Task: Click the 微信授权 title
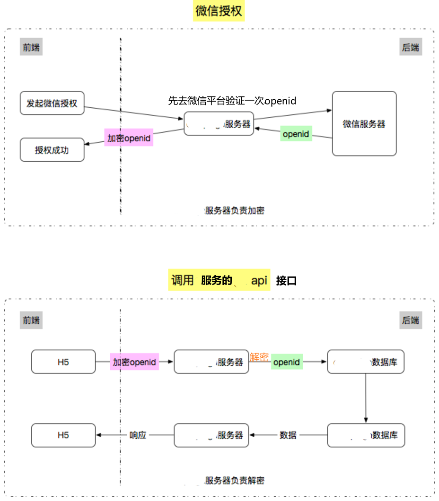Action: point(219,11)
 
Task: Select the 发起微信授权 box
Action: point(52,103)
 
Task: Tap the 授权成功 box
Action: point(52,150)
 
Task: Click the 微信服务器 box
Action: point(364,124)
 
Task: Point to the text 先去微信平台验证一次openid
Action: point(232,101)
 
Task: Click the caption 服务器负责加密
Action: point(234,211)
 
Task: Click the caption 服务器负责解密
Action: point(234,481)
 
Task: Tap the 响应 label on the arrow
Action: point(138,435)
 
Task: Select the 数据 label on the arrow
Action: point(288,435)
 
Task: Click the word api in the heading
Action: point(259,280)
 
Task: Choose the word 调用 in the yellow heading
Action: point(183,280)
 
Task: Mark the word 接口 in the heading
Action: point(286,281)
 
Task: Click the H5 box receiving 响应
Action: point(63,435)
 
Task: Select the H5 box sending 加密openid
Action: point(63,362)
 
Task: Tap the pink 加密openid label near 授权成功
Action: point(129,138)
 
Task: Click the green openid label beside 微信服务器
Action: point(296,134)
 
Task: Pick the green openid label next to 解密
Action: point(287,363)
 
